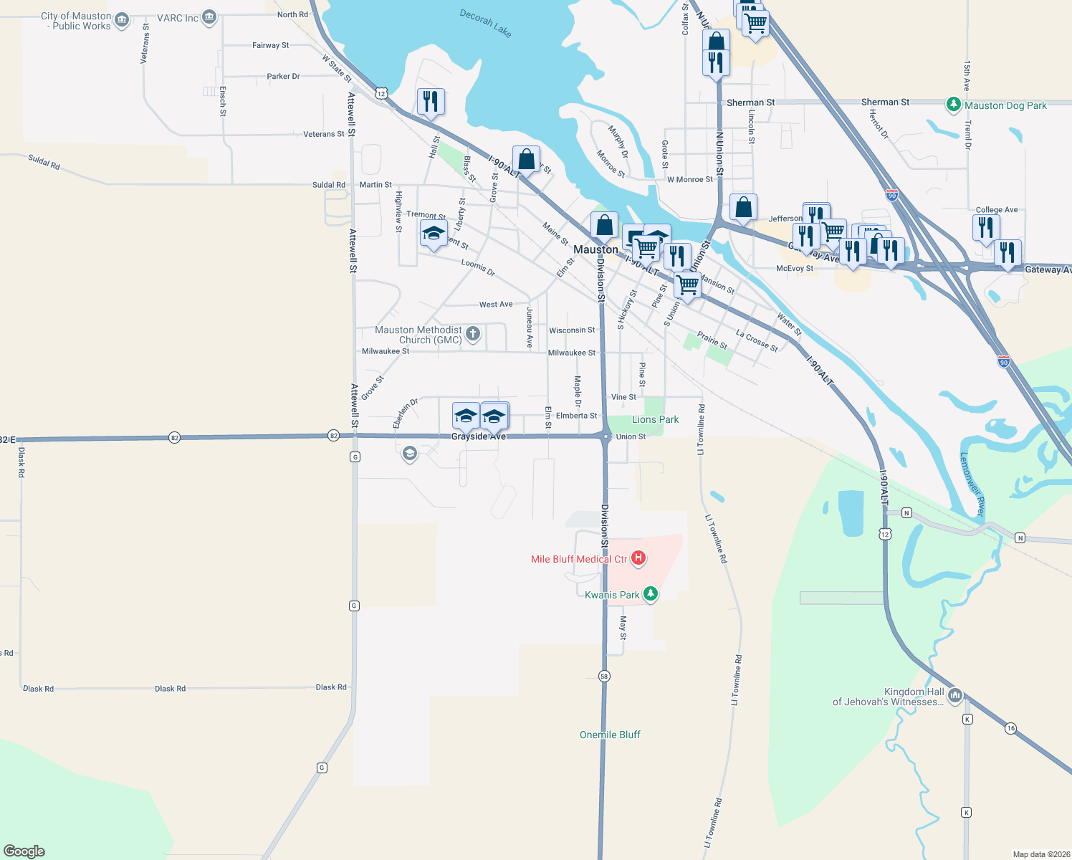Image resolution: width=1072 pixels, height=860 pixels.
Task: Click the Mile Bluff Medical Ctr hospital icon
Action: (x=638, y=558)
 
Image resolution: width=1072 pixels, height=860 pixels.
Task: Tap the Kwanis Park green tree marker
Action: (x=651, y=594)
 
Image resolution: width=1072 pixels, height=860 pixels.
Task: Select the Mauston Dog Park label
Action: (x=1005, y=105)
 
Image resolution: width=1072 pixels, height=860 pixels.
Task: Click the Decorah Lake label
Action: (x=486, y=23)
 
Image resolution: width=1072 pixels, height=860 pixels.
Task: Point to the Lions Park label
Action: (x=655, y=419)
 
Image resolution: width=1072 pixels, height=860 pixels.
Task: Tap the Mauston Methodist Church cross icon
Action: (x=473, y=333)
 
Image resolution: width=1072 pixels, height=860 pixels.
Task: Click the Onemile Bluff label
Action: (x=610, y=735)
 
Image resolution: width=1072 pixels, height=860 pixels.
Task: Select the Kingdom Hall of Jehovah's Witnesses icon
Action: (x=954, y=695)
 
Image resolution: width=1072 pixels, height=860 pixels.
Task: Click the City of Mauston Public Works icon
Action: (x=122, y=19)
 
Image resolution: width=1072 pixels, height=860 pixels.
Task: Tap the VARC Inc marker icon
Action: (x=209, y=17)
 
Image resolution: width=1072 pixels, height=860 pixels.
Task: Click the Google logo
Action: (x=24, y=851)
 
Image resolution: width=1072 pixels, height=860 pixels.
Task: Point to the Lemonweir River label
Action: (x=972, y=484)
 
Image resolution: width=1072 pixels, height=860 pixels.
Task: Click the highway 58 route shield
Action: (x=604, y=676)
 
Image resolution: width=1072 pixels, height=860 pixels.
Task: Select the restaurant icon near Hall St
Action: (x=431, y=101)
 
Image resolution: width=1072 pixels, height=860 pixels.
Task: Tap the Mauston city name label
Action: (x=595, y=249)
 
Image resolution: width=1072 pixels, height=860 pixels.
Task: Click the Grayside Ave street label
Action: (x=478, y=436)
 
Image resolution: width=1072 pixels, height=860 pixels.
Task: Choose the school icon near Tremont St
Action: (x=434, y=234)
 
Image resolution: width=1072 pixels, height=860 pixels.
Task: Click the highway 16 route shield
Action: (x=1010, y=728)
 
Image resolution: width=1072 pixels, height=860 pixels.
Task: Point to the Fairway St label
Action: (x=270, y=45)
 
